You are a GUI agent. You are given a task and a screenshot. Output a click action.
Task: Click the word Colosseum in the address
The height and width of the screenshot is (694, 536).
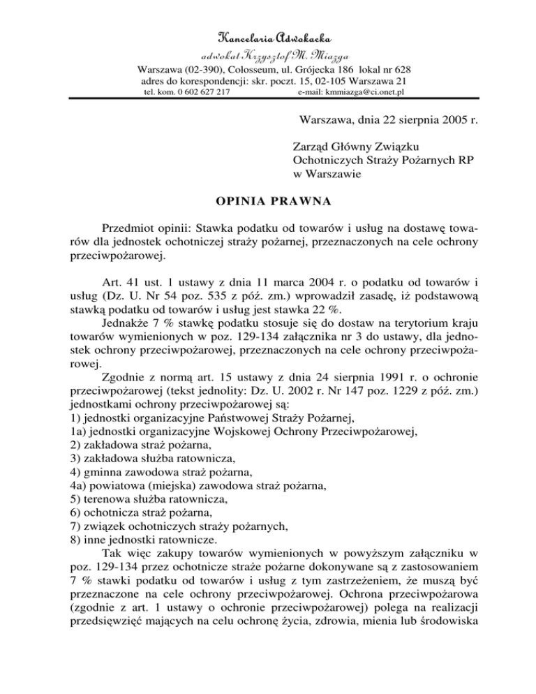tap(248, 70)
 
